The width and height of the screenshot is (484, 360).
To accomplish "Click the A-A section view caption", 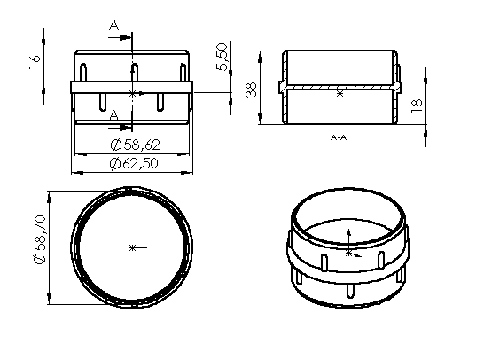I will point(338,138).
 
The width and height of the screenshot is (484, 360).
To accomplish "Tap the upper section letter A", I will point(113,27).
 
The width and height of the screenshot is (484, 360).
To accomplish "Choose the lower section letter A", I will point(113,115).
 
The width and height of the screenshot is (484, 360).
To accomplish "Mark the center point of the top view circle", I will point(132,246).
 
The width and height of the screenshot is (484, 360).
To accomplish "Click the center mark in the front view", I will point(132,92).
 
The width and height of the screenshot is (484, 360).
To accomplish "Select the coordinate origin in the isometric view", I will point(348,253).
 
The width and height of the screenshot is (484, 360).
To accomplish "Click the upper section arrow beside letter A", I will point(126,38).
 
